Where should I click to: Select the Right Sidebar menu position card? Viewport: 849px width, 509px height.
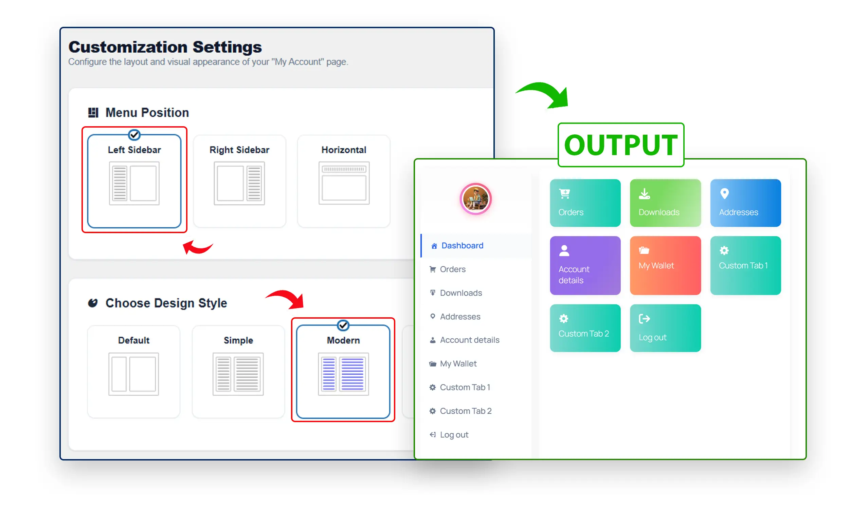click(x=239, y=181)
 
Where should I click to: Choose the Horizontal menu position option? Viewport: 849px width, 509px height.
click(x=344, y=181)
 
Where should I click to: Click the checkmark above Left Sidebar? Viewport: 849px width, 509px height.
click(x=134, y=135)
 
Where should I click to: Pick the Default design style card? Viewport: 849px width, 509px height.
click(x=133, y=372)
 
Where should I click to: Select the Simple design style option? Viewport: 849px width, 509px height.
click(x=238, y=372)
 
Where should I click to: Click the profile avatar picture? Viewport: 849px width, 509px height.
click(x=475, y=199)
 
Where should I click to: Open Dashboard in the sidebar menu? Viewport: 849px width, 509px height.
click(x=462, y=246)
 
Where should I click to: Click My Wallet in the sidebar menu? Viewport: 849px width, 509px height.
click(x=458, y=363)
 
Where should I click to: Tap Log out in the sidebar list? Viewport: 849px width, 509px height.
click(x=454, y=435)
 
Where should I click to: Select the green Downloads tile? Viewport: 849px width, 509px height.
click(x=665, y=203)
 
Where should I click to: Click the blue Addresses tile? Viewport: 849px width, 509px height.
click(x=745, y=203)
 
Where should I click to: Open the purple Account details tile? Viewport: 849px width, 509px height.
click(x=585, y=265)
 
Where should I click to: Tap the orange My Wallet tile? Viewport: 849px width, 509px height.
click(x=665, y=265)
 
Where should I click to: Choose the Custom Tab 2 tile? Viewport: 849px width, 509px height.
click(x=585, y=328)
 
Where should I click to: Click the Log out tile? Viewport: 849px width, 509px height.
click(x=665, y=328)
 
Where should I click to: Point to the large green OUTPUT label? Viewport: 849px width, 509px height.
click(x=620, y=145)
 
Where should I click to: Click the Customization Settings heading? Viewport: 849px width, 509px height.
click(x=165, y=46)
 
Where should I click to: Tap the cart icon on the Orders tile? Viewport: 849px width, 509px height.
click(x=564, y=194)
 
